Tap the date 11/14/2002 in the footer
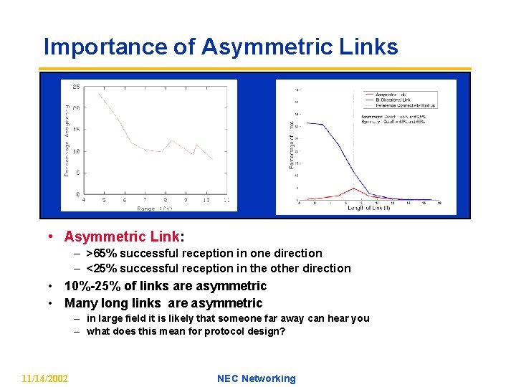(x=45, y=378)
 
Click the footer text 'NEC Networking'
(x=256, y=378)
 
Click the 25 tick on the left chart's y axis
(x=75, y=86)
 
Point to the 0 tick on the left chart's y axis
(x=77, y=194)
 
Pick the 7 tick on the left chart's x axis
(x=145, y=200)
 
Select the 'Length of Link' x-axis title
(x=368, y=208)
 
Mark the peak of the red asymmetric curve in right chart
(x=353, y=188)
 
